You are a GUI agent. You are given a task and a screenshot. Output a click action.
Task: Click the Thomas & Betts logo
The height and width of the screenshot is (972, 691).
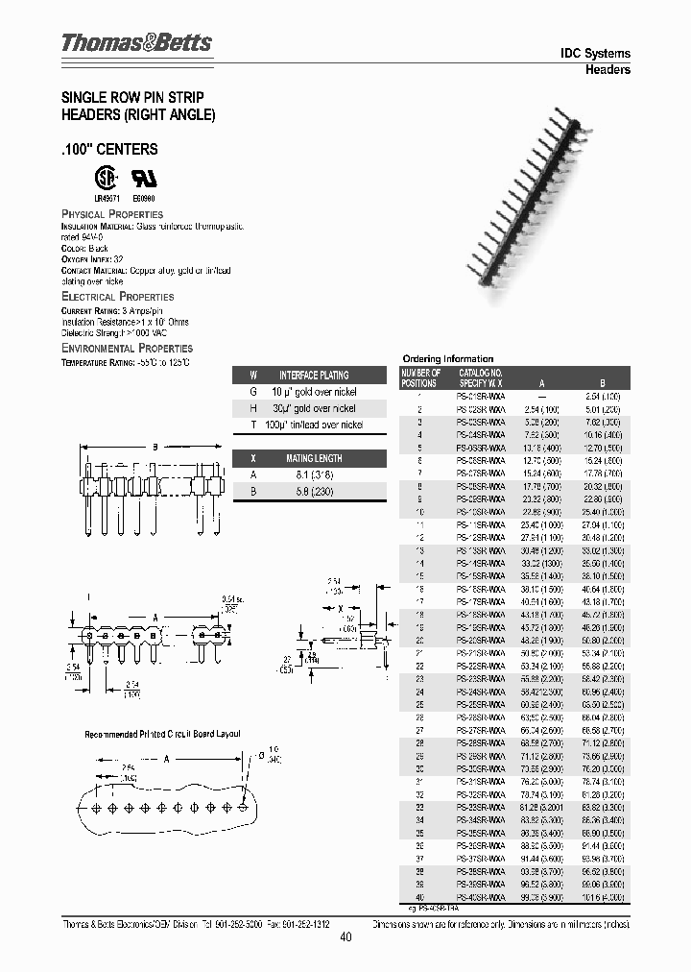click(136, 43)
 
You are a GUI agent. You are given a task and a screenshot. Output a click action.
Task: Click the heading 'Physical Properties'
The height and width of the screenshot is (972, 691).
click(112, 214)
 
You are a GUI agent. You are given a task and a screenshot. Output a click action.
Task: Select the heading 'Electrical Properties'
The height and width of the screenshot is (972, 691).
click(117, 298)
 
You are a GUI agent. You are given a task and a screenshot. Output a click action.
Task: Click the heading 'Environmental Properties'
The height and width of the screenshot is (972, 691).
click(127, 348)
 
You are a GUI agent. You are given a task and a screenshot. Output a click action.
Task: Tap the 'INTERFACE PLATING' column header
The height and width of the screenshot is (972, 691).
click(314, 376)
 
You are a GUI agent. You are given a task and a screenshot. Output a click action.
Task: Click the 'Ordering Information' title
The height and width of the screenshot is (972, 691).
click(448, 358)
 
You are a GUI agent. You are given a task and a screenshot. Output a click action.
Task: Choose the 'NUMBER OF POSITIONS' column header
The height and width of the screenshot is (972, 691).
click(420, 377)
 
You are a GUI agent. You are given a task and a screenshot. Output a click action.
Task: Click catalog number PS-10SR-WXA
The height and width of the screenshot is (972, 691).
click(481, 513)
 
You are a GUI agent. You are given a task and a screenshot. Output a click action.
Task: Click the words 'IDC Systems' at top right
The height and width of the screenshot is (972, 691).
click(595, 54)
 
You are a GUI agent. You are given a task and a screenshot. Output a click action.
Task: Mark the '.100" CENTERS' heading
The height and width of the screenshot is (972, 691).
click(109, 150)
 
